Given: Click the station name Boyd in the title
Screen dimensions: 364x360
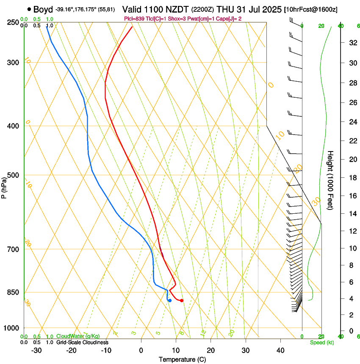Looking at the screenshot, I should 43,9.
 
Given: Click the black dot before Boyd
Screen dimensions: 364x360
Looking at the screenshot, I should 29,9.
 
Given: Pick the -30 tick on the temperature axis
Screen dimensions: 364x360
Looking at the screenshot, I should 36,350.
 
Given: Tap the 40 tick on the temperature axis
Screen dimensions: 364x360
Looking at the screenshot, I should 280,350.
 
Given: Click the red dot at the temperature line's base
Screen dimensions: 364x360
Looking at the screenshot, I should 182,301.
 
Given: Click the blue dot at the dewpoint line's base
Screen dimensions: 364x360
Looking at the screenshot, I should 169,301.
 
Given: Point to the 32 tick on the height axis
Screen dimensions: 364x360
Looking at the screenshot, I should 352,43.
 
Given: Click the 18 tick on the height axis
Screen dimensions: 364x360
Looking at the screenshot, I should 352,177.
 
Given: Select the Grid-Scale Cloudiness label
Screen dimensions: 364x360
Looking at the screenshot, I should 82,342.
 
